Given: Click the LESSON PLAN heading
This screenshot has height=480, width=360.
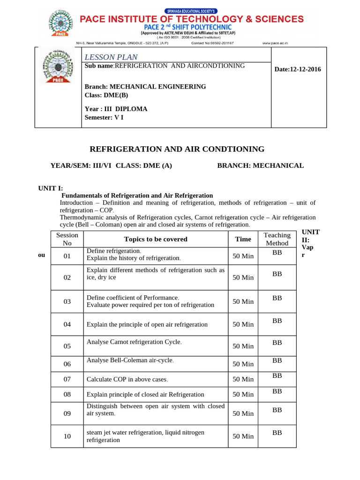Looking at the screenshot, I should pyautogui.click(x=111, y=57).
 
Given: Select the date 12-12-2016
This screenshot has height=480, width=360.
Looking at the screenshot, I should pyautogui.click(x=298, y=69).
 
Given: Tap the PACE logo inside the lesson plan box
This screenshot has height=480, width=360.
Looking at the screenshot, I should pyautogui.click(x=58, y=66).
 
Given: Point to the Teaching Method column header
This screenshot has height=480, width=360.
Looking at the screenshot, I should pyautogui.click(x=277, y=239).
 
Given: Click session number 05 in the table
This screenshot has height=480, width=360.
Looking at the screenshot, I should pyautogui.click(x=67, y=346).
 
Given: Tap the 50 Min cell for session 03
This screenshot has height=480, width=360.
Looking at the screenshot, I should pyautogui.click(x=243, y=301).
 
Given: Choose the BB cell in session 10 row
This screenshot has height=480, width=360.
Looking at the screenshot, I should pyautogui.click(x=277, y=433).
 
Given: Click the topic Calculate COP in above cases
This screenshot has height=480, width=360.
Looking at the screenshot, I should pyautogui.click(x=127, y=379).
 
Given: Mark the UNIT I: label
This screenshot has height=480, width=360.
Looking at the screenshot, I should pyautogui.click(x=51, y=188).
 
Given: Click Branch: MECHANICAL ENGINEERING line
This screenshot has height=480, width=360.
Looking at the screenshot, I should pyautogui.click(x=145, y=87).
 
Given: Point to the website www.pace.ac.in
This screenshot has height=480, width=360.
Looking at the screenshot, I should pyautogui.click(x=275, y=43).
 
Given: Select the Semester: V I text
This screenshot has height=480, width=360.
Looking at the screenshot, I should pyautogui.click(x=104, y=117).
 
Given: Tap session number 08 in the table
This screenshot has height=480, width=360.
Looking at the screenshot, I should pyautogui.click(x=67, y=394).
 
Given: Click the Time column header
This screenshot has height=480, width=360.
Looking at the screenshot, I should pyautogui.click(x=243, y=239).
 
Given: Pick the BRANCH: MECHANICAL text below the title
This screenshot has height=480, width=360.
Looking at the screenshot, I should pyautogui.click(x=260, y=165).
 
